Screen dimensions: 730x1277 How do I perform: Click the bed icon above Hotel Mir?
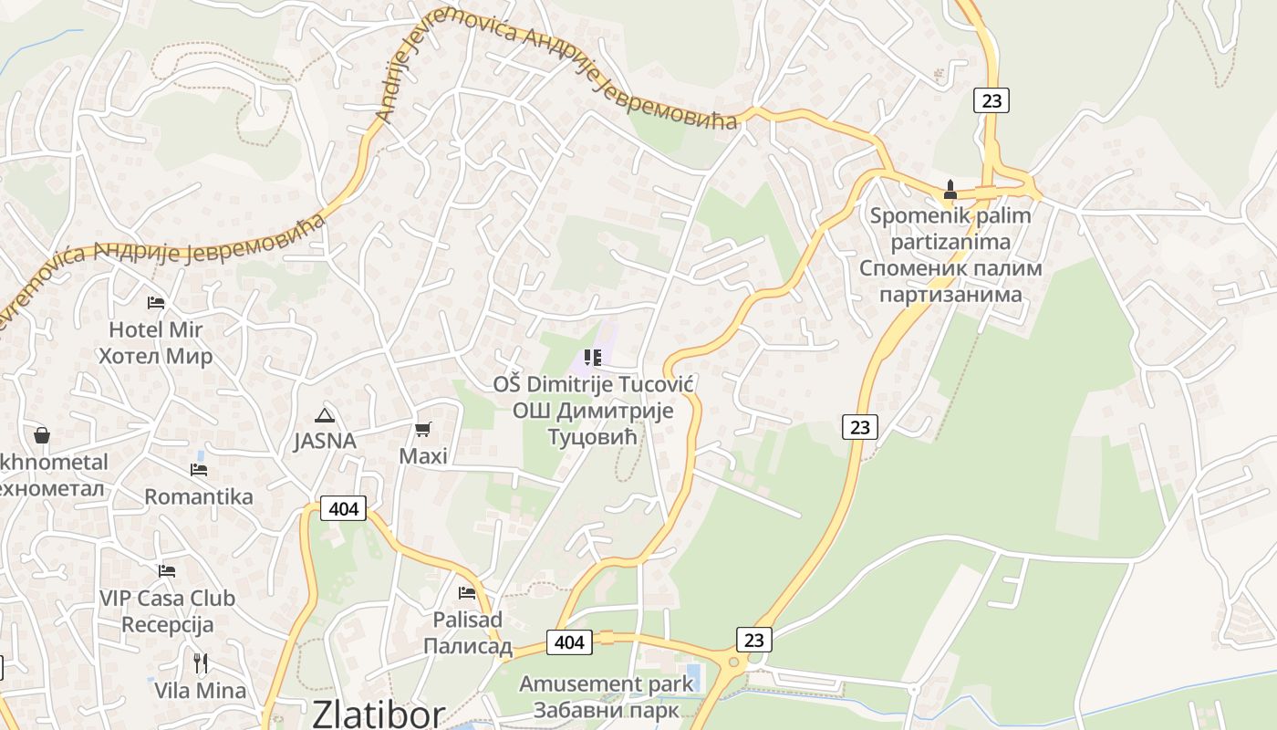(x=156, y=302)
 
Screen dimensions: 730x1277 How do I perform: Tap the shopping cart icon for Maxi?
(x=422, y=428)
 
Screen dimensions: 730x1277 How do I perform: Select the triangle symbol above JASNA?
(x=324, y=415)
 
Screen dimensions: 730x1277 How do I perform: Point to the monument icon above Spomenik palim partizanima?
(x=950, y=190)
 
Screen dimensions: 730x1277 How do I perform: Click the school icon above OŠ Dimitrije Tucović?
(x=593, y=358)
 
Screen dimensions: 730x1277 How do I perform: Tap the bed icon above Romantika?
(x=198, y=470)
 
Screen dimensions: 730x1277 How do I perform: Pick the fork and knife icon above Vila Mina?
(x=200, y=662)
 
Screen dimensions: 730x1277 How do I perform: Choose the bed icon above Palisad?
(x=467, y=592)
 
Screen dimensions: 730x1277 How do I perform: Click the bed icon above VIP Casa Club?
(x=166, y=571)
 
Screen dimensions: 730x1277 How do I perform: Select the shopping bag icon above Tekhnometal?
(x=41, y=435)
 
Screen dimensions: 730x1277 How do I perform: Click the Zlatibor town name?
(x=379, y=714)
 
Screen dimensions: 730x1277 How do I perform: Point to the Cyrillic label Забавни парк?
(x=606, y=710)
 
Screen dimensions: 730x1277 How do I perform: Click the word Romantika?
(x=199, y=497)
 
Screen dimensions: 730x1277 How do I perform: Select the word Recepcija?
(x=167, y=625)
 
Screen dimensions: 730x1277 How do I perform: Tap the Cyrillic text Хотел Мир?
(x=155, y=356)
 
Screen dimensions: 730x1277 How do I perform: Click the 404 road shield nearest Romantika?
(x=343, y=508)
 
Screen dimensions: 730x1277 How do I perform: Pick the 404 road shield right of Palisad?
(x=569, y=642)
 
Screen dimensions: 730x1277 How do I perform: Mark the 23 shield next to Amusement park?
(x=753, y=640)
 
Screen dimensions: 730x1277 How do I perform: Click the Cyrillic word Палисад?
(x=467, y=646)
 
